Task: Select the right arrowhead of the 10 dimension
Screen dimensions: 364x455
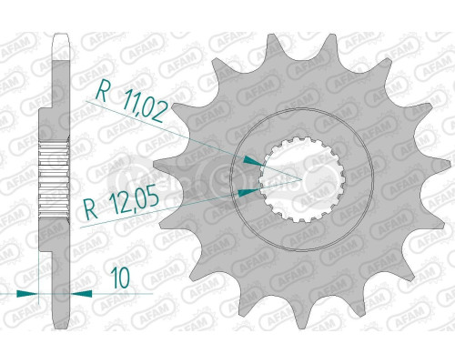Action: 76,294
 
